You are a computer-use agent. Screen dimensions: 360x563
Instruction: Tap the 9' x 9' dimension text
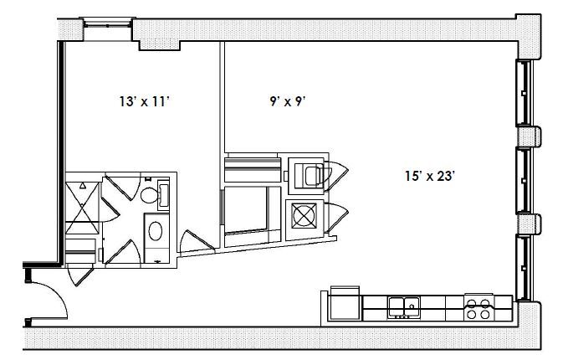pos(285,101)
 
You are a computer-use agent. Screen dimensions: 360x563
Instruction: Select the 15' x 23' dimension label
pos(428,176)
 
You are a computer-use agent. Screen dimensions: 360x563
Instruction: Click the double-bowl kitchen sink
pos(403,306)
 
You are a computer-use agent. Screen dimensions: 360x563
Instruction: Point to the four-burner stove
pos(479,308)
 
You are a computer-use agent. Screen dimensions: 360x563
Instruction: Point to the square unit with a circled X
pos(302,214)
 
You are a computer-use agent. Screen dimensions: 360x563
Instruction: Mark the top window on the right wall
pos(523,92)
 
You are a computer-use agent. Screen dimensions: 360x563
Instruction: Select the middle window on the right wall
pos(523,181)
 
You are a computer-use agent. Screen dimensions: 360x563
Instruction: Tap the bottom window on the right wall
pos(523,267)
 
